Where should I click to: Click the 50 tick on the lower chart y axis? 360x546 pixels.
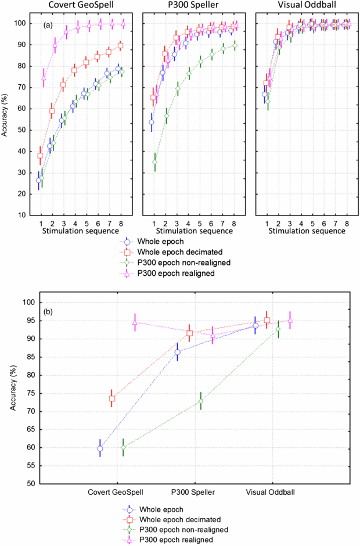click(31, 483)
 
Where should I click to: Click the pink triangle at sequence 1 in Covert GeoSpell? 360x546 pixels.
click(44, 77)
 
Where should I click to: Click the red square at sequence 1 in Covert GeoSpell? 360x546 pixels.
click(40, 156)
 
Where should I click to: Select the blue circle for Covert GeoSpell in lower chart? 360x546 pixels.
click(100, 448)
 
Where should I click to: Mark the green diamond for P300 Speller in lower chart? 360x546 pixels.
click(201, 401)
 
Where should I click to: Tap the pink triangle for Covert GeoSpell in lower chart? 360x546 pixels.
click(135, 322)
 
